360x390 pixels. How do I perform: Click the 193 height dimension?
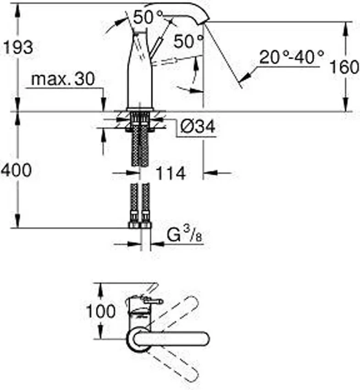[17, 47]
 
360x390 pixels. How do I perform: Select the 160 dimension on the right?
[344, 67]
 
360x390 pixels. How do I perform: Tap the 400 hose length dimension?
[16, 171]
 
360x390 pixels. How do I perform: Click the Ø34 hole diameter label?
[197, 127]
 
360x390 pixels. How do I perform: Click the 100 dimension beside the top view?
[101, 312]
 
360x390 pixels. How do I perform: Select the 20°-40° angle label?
[291, 57]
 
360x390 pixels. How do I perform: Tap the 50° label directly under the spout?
[188, 42]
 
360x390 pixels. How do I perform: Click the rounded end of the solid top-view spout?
[205, 337]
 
